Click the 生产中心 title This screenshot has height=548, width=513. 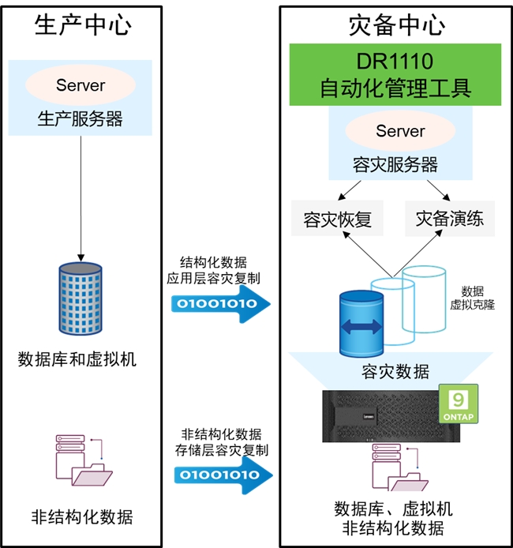(83, 25)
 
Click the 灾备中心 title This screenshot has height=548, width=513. (397, 25)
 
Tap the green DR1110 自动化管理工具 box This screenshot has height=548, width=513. (395, 74)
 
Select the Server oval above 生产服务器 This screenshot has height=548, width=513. (81, 85)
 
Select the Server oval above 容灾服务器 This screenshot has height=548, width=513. (400, 131)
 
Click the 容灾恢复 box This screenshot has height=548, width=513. (337, 219)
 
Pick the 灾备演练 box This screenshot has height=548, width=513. (450, 219)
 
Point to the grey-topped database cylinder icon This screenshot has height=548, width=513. (81, 298)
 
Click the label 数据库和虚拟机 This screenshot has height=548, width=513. (77, 359)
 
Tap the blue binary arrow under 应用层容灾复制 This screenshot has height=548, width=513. (221, 303)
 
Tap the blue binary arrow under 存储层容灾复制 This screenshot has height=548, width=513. (223, 475)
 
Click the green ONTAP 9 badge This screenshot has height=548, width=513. (459, 403)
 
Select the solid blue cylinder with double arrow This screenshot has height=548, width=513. (361, 324)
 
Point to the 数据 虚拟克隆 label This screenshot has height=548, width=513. (472, 298)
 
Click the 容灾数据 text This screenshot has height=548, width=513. (395, 372)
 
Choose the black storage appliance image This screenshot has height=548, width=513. (391, 416)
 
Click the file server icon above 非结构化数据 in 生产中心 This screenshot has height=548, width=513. (84, 460)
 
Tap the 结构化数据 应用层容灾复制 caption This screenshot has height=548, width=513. (213, 270)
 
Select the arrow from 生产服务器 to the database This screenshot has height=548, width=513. (81, 198)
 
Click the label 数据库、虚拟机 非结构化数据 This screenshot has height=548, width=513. (394, 518)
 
